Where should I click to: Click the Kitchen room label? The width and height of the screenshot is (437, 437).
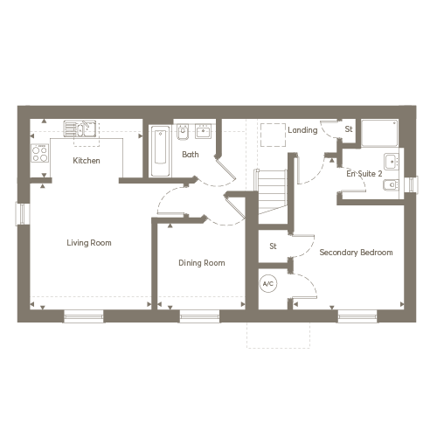(x=87, y=161)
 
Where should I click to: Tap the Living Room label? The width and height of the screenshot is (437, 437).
(x=89, y=243)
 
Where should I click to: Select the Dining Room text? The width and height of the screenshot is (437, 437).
(x=202, y=263)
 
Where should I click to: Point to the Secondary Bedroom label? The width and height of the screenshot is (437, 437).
(x=356, y=253)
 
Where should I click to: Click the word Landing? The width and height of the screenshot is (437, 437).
(x=302, y=130)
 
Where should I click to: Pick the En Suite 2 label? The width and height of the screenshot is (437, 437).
(x=364, y=174)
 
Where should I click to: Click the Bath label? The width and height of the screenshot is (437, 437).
(x=191, y=155)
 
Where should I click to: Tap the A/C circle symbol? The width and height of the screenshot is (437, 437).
(x=268, y=283)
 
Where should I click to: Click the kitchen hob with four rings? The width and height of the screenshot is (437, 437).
(x=40, y=153)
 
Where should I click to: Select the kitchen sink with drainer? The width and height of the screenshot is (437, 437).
(x=80, y=128)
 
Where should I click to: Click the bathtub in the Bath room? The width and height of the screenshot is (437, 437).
(x=160, y=151)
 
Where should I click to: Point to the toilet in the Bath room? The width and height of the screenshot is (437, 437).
(x=183, y=132)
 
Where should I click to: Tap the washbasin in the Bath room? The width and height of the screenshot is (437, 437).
(x=203, y=131)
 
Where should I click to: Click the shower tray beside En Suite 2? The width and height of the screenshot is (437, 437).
(x=379, y=133)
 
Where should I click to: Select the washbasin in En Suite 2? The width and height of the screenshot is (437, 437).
(x=392, y=162)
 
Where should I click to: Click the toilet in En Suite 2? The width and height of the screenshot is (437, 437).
(x=391, y=185)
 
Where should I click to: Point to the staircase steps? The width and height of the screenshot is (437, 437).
(x=271, y=191)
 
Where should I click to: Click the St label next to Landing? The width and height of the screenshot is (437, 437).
(x=349, y=129)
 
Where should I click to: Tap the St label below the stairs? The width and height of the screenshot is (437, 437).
(x=273, y=246)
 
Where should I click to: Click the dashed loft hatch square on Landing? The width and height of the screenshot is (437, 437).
(x=273, y=135)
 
